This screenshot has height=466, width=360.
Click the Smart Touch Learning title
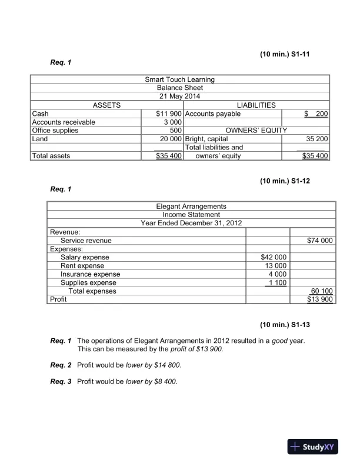click(x=179, y=79)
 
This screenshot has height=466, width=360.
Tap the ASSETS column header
click(x=106, y=105)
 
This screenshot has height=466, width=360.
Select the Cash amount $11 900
click(x=168, y=114)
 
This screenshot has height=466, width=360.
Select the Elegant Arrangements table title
click(x=191, y=207)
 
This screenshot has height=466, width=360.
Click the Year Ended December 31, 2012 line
click(x=191, y=223)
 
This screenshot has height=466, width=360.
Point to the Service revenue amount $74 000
click(x=319, y=240)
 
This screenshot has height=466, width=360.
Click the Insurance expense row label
click(x=90, y=274)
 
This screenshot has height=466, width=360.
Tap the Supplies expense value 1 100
click(x=276, y=282)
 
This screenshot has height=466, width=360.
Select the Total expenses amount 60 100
click(x=321, y=291)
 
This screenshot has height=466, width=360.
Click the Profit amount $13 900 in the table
click(x=320, y=299)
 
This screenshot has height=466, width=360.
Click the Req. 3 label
click(x=61, y=382)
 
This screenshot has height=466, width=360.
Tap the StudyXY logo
click(x=311, y=447)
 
